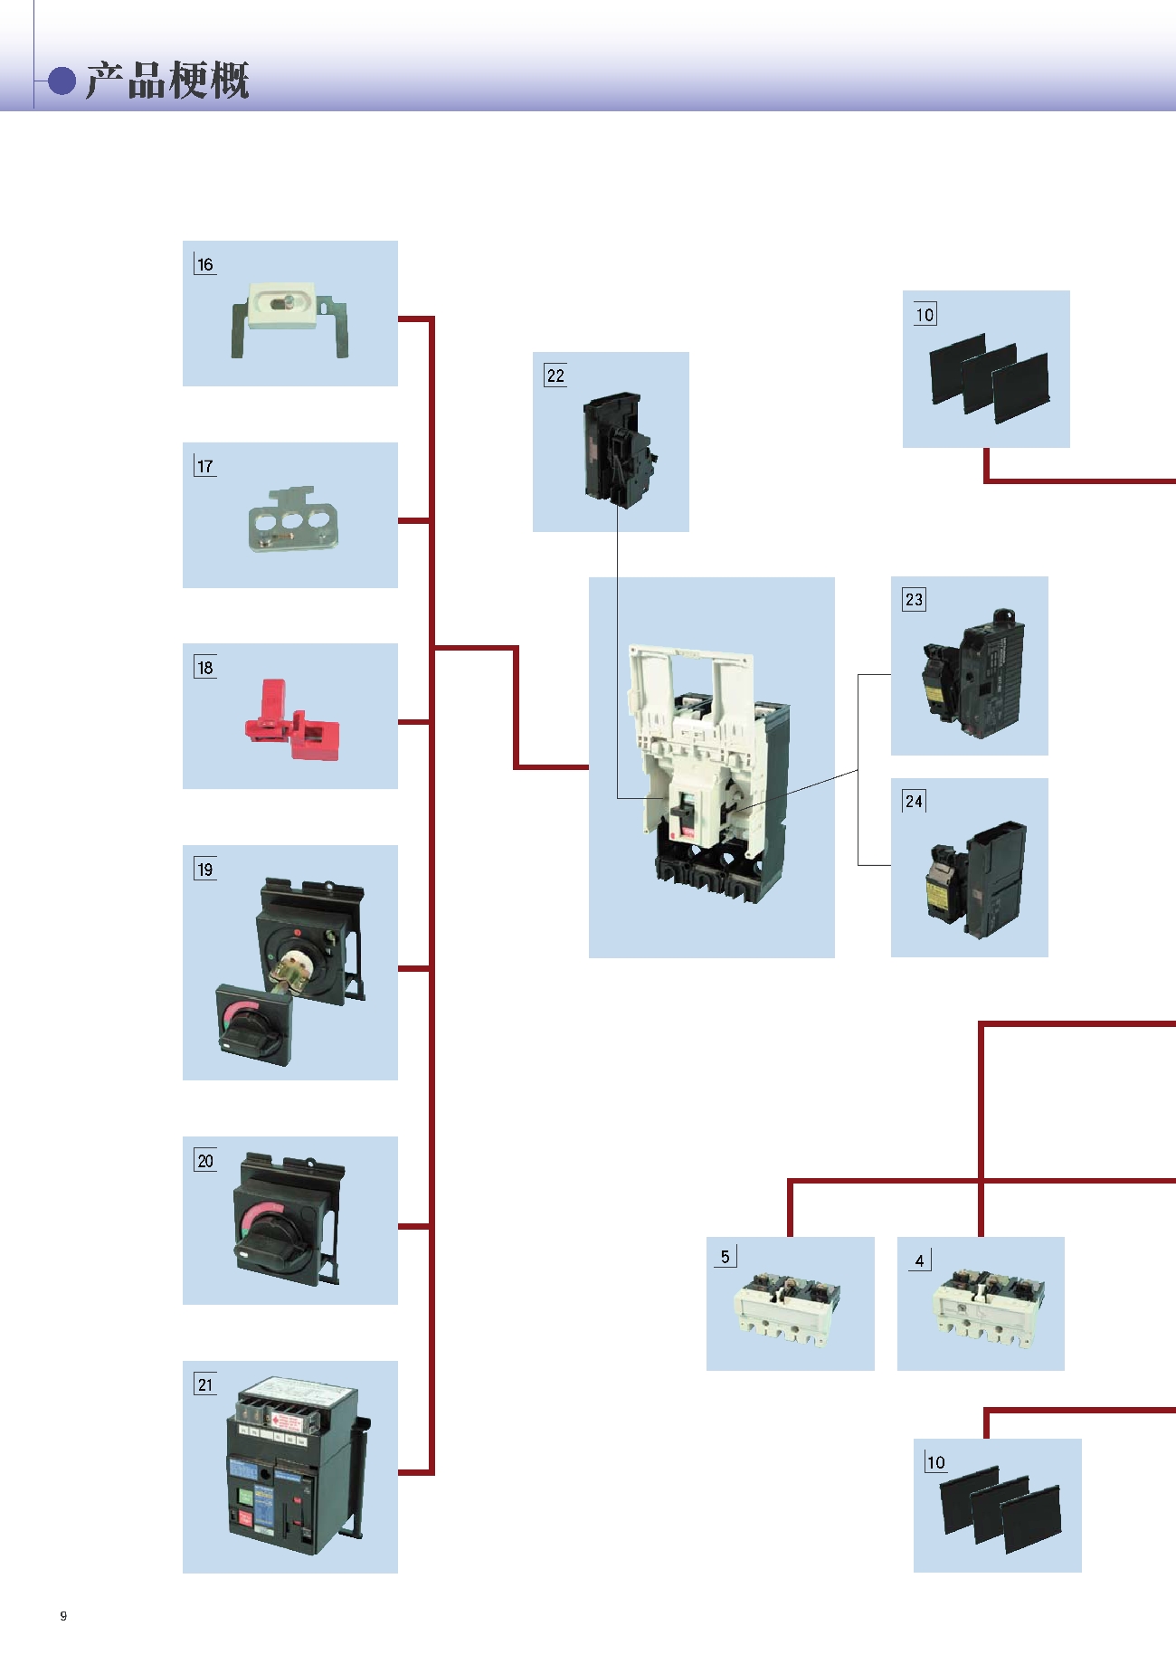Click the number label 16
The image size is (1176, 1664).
205,264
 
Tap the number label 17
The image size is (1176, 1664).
205,466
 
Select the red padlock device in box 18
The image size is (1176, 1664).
291,721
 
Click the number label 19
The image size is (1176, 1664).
205,870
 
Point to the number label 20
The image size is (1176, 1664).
205,1161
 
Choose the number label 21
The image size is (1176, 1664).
205,1384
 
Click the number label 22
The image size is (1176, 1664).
555,376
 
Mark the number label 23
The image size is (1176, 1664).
914,599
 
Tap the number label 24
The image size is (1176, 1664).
914,801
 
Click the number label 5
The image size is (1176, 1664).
725,1257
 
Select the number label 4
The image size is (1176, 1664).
919,1260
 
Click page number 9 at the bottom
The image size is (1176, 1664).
63,1616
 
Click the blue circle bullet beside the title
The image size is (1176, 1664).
62,81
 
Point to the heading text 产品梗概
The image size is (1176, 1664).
167,81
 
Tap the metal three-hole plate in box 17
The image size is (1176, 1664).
293,521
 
